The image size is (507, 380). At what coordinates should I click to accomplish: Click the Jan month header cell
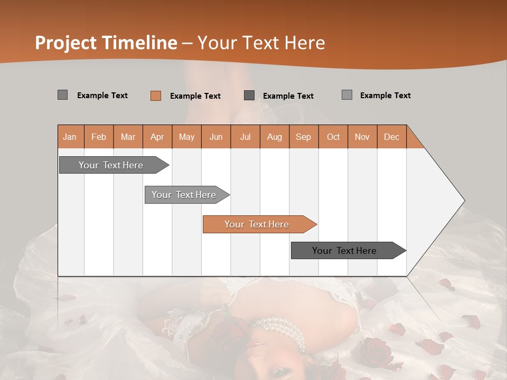coord(70,137)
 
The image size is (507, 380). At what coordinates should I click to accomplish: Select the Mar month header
coord(128,137)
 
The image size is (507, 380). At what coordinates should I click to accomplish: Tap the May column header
coord(186,137)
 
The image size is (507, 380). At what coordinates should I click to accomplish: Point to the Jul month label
coord(245,137)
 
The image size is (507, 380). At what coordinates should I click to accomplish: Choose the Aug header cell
coord(274,137)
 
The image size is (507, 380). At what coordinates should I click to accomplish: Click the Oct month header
coord(333,137)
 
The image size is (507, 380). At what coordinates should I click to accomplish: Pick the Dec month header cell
coord(391,137)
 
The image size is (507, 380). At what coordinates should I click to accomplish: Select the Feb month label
coord(99,137)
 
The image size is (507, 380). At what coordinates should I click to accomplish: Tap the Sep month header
coord(303,137)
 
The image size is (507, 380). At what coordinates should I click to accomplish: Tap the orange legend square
coord(156,96)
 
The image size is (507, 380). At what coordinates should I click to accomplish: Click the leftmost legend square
coord(63,95)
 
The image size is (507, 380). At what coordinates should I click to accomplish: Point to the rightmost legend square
coord(347,95)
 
